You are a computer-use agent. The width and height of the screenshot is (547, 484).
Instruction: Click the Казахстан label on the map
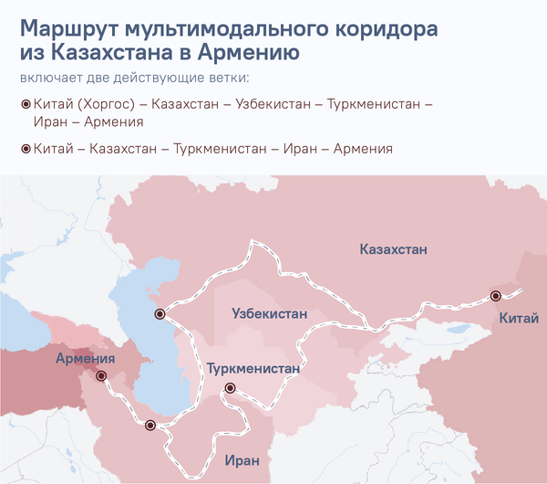393,249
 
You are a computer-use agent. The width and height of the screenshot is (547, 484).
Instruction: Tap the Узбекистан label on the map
270,313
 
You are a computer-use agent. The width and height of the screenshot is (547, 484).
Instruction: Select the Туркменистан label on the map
253,369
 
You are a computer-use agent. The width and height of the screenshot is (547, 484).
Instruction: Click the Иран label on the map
241,460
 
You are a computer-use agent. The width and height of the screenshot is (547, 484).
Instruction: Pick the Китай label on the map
518,318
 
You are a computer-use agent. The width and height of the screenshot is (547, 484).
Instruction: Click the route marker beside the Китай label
496,296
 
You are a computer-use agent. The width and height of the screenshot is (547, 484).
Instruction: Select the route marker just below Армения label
101,375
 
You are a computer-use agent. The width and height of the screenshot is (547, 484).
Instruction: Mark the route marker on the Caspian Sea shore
160,314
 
